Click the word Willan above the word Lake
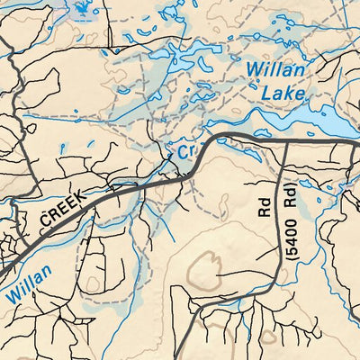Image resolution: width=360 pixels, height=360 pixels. (x=274, y=68)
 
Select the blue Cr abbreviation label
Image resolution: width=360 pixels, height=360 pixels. (x=185, y=152)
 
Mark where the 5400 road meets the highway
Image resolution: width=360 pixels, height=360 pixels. (x=284, y=142)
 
